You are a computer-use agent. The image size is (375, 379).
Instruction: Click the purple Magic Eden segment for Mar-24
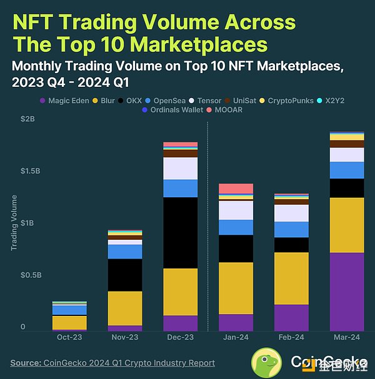tap(347, 292)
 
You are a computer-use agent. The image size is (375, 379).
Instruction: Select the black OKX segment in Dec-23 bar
tap(181, 232)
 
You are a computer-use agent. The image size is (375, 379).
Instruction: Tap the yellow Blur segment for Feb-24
tap(291, 278)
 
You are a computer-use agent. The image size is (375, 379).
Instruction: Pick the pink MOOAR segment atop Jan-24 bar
tap(236, 189)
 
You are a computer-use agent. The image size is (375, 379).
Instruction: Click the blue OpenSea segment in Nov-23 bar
tap(125, 251)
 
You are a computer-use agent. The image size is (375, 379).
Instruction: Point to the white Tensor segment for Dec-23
tap(181, 168)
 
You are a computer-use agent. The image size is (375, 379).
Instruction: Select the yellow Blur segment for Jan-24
tap(236, 288)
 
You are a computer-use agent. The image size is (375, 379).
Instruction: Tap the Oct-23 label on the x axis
tap(69, 337)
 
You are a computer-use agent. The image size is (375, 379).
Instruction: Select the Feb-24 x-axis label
tap(291, 337)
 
